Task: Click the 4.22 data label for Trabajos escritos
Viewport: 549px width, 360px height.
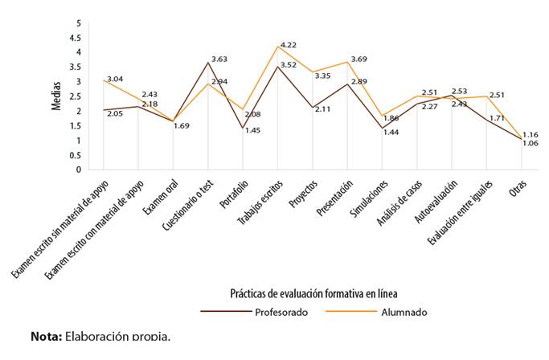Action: coord(289,44)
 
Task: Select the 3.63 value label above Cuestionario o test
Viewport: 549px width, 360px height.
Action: coord(220,59)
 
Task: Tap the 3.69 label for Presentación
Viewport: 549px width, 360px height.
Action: coord(359,59)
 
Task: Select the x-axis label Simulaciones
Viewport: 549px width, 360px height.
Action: coord(375,200)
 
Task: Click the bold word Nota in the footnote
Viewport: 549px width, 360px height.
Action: coord(46,335)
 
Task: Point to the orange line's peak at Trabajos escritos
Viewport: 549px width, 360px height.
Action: coord(278,47)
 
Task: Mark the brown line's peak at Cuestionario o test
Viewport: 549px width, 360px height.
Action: coord(207,63)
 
